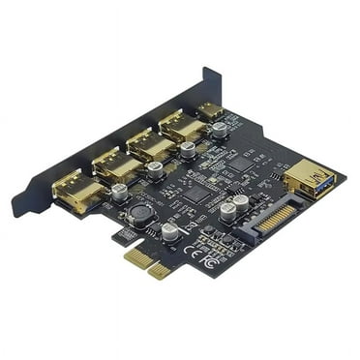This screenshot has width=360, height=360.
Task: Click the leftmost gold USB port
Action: point(77,193)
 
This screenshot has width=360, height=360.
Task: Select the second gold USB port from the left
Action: point(117,167)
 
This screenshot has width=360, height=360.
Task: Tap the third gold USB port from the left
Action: point(150,146)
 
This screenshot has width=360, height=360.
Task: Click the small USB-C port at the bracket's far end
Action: point(210,109)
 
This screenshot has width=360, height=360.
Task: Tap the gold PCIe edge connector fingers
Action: point(145,262)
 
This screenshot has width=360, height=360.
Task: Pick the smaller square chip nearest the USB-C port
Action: point(239,163)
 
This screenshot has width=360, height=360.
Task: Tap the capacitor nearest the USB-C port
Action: point(221,129)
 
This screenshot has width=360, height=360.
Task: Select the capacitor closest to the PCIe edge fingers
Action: point(169,232)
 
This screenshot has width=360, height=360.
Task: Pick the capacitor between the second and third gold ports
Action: point(154,169)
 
